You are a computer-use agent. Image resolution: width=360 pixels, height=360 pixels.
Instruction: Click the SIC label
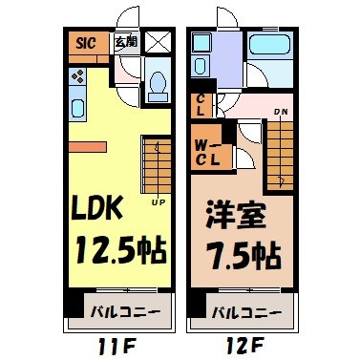click(x=85, y=43)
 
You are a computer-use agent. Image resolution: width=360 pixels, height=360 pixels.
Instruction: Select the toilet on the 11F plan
click(x=159, y=85)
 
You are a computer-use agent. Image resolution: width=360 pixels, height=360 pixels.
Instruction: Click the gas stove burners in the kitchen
click(x=77, y=76)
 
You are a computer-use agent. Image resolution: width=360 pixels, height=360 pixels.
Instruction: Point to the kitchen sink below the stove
click(x=77, y=107)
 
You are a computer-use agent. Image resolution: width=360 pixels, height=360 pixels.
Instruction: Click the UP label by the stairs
click(x=156, y=201)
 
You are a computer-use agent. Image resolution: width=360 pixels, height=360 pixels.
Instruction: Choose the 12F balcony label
click(x=245, y=312)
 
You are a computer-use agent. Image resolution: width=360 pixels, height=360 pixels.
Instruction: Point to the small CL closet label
click(x=203, y=105)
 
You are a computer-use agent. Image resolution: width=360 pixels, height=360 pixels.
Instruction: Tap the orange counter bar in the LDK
click(x=88, y=146)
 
